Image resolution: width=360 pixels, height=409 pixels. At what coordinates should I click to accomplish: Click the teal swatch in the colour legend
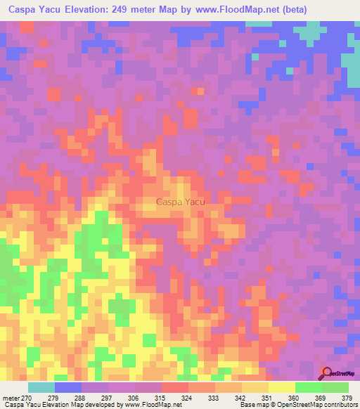(41, 387)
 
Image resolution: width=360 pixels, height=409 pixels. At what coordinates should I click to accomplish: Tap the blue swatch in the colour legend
(68, 387)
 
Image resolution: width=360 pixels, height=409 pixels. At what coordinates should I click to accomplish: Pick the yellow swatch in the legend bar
(282, 387)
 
